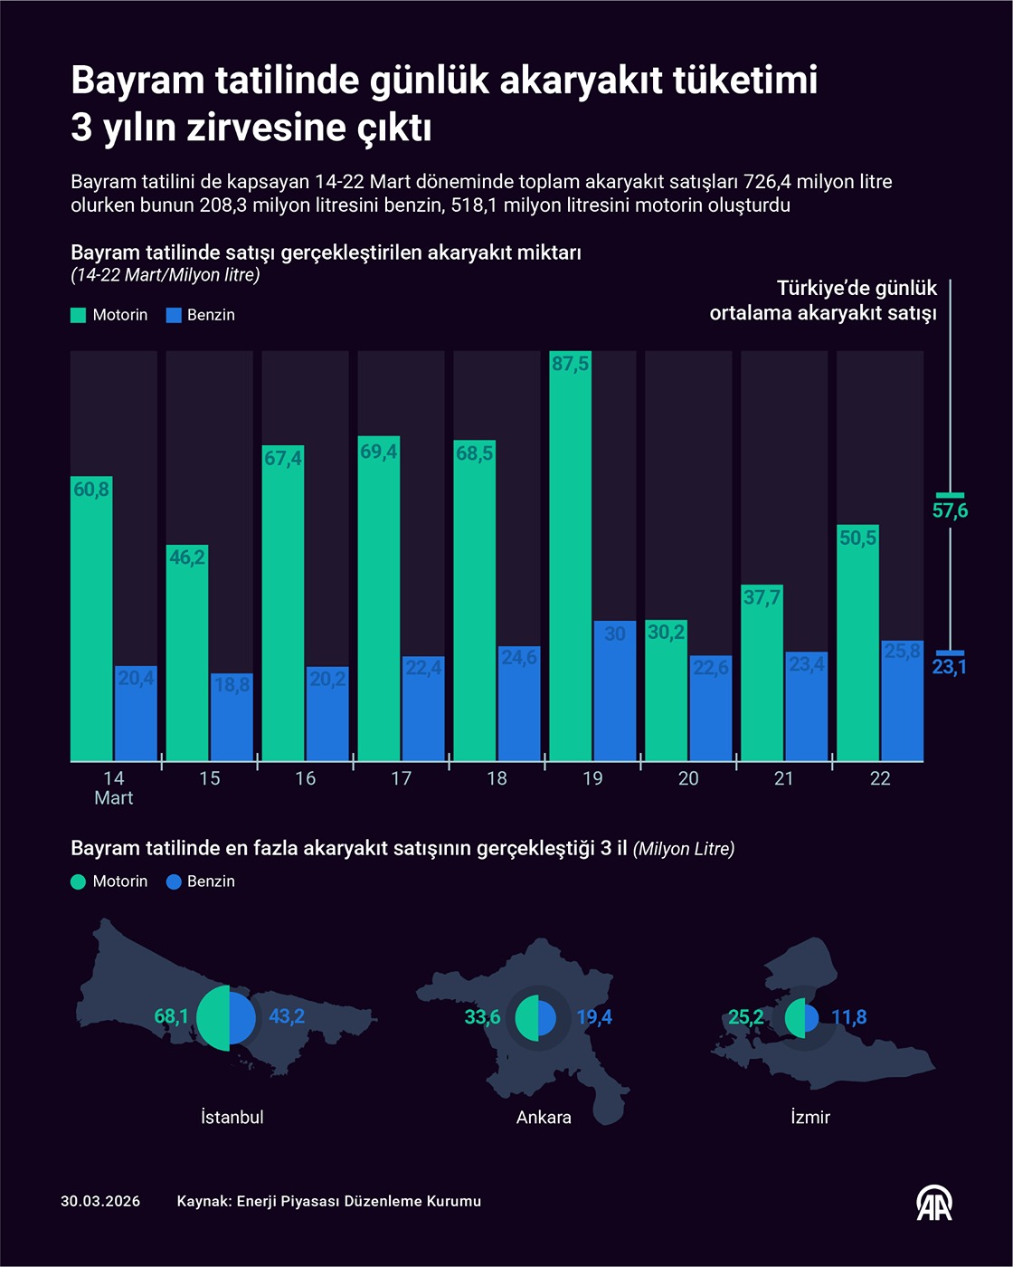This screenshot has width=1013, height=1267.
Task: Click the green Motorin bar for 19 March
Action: click(x=570, y=556)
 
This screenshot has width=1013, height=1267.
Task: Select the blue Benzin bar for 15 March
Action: click(x=232, y=717)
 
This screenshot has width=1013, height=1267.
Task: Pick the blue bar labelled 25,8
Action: click(x=902, y=700)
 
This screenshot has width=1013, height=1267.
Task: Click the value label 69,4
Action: click(x=378, y=451)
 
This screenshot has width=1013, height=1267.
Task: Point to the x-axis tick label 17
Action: click(x=401, y=778)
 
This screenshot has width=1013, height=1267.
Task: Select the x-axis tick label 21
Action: click(x=783, y=778)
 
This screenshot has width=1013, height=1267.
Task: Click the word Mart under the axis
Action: click(x=114, y=798)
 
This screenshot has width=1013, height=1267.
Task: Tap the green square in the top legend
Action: click(x=79, y=315)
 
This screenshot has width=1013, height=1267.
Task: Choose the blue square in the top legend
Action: click(x=175, y=315)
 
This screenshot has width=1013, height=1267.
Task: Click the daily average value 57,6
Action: click(x=950, y=511)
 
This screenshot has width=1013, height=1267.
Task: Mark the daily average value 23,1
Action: click(x=950, y=667)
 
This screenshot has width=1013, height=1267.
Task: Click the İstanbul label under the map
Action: click(x=232, y=1118)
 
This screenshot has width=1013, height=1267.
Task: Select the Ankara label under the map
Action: click(x=544, y=1118)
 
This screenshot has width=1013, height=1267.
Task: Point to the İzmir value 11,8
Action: click(x=849, y=1017)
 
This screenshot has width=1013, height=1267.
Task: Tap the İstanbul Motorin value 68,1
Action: click(x=171, y=1016)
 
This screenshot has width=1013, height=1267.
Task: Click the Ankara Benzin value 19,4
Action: click(x=594, y=1017)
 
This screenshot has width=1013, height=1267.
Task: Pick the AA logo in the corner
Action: click(x=933, y=1203)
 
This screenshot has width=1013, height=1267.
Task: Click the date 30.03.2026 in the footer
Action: click(x=100, y=1202)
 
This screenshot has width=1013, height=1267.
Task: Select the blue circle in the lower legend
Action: click(x=175, y=881)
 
